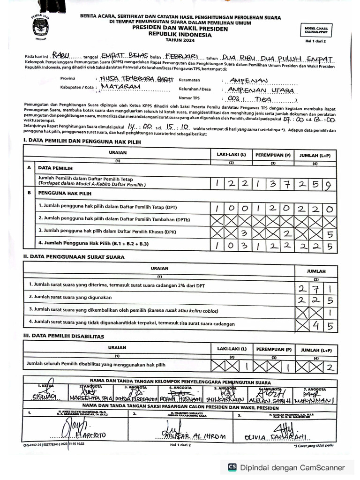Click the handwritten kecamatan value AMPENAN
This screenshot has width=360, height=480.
tap(246, 81)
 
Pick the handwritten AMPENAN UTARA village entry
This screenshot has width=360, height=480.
tap(261, 90)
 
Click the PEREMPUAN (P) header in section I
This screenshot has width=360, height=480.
tap(273, 154)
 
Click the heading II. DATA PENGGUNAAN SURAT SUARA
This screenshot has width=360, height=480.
tap(74, 257)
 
